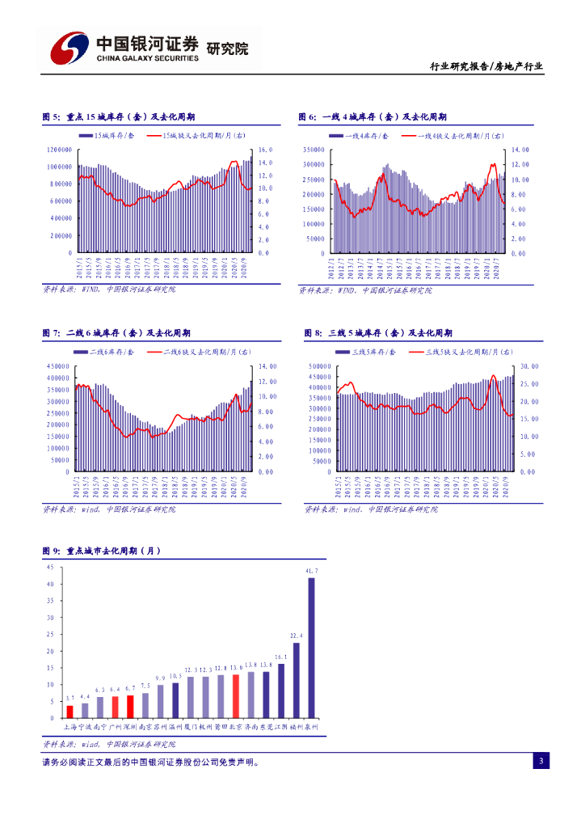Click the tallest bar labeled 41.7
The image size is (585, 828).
click(311, 647)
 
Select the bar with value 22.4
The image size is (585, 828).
click(297, 680)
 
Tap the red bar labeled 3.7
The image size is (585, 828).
click(69, 712)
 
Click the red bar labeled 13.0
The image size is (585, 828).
click(236, 696)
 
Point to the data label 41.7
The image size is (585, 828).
click(310, 572)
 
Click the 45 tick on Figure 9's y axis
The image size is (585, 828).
click(50, 568)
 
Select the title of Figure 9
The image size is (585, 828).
click(102, 551)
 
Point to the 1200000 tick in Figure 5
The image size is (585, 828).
click(59, 150)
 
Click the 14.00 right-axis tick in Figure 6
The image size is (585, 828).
click(520, 150)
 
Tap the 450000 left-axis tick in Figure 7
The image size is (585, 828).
click(59, 366)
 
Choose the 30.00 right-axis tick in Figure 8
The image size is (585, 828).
click(528, 366)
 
